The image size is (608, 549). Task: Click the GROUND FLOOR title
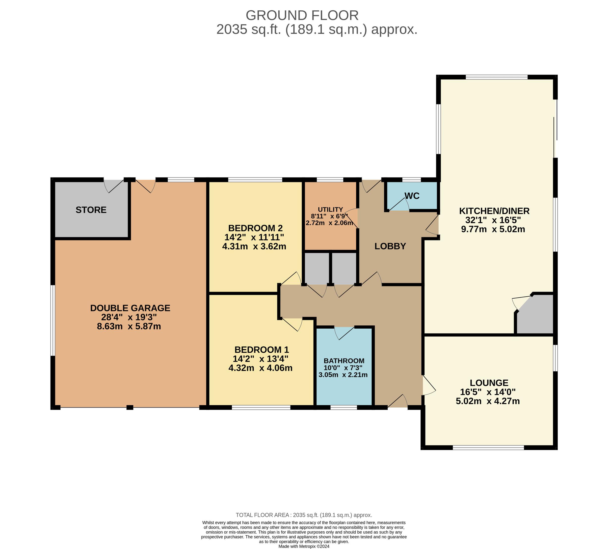coord(302,16)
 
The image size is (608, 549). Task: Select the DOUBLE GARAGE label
coord(130,308)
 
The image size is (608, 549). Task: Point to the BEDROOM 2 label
coord(255,228)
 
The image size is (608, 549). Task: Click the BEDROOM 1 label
coord(262,350)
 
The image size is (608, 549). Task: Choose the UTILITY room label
coord(331,209)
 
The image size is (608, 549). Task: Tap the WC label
coord(412,196)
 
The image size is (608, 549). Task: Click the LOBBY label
coord(390,246)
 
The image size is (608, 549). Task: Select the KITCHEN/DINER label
coord(494,211)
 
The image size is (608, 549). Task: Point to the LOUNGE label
coord(489,383)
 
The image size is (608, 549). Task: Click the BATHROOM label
coord(344,361)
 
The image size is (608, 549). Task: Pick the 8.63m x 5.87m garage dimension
coord(129,326)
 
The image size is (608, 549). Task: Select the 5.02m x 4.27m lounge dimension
coord(488,401)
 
